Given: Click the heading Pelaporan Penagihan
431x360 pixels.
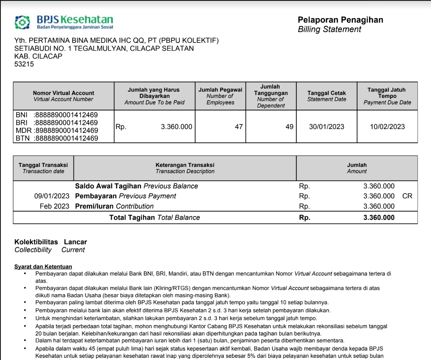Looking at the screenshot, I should (340, 20).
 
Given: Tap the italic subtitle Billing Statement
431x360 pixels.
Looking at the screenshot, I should (329, 29).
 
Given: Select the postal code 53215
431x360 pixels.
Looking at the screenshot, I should (24, 64).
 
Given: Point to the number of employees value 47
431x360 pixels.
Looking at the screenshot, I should (238, 127).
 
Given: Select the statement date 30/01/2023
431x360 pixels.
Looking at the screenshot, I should (326, 127).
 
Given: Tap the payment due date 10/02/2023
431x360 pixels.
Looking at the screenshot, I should (387, 127).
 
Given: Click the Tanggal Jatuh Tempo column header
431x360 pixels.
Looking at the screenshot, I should (387, 96).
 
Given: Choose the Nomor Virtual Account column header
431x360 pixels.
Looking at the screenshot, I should (63, 96).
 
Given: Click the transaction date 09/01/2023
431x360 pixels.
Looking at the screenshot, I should (52, 196).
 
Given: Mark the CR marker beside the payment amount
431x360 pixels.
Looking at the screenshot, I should (407, 196).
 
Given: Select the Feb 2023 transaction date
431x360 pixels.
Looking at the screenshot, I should (54, 206).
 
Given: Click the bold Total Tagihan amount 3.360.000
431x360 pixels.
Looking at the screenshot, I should (379, 218).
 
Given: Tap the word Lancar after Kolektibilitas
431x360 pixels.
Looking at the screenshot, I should (75, 242).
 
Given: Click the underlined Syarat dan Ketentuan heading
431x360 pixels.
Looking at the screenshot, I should (43, 267).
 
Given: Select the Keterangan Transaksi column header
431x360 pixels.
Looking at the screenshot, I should (185, 168).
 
